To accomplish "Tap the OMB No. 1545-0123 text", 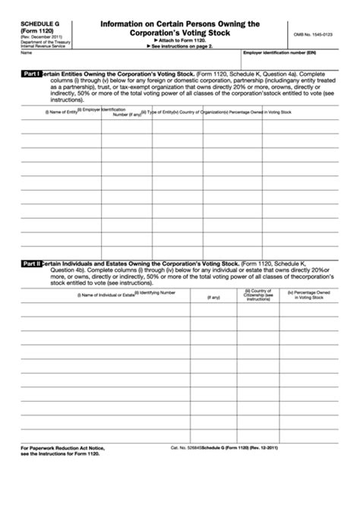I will tap(313, 35).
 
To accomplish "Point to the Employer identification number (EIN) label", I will tap(279, 52).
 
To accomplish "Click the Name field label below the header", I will tap(26, 52).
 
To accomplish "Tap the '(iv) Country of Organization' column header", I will tap(198, 112).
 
